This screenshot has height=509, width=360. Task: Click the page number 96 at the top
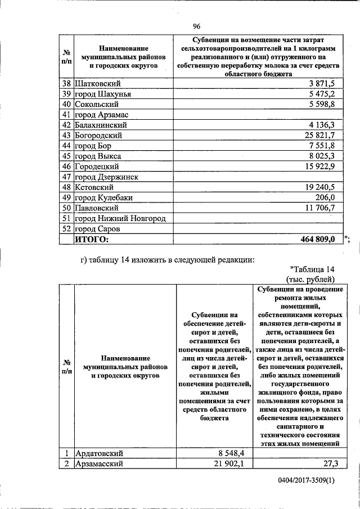coord(197,26)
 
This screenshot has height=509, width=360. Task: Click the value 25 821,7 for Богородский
coord(318,136)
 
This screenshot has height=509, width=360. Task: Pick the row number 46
coord(66,166)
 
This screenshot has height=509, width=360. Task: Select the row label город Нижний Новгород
coord(122,218)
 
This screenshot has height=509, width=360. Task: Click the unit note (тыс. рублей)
coord(310,278)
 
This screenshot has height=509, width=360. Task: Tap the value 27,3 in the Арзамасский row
coord(335,463)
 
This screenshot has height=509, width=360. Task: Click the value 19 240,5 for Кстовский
coord(318,187)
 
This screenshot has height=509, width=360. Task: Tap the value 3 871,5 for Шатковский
coord(322,83)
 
